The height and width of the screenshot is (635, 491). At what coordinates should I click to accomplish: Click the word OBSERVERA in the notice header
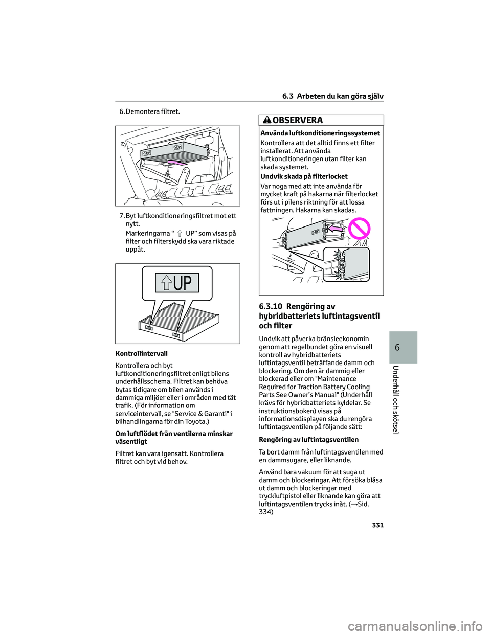(298, 121)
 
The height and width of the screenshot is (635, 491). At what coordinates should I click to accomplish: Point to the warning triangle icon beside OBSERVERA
(267, 121)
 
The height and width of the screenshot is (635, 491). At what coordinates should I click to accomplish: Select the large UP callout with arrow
(176, 283)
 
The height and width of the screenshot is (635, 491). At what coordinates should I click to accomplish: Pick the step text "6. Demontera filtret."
(149, 111)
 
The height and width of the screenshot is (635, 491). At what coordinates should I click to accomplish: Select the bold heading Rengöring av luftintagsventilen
(308, 439)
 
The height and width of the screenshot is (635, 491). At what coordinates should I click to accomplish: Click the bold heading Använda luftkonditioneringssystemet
(320, 133)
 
